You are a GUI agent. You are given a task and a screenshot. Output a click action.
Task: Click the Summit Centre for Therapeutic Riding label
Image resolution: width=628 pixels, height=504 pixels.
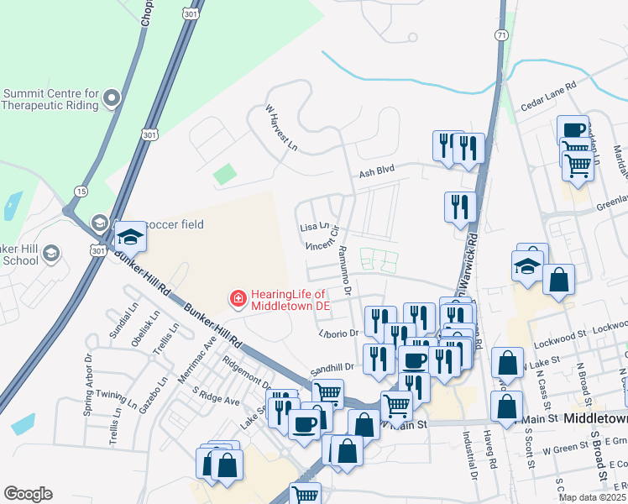[x=51, y=98]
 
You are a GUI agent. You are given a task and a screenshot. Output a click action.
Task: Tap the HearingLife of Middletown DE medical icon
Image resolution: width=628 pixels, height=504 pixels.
[x=238, y=298]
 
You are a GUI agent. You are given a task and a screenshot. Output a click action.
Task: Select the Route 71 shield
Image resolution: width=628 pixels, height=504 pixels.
[x=501, y=34]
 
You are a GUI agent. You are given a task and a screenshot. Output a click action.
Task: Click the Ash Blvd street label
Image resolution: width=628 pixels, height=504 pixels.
[x=376, y=171]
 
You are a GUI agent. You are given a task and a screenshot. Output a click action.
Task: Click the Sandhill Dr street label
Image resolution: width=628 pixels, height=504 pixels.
[x=334, y=367]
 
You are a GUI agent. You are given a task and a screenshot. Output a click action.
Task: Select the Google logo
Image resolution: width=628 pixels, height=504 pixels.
[x=28, y=494]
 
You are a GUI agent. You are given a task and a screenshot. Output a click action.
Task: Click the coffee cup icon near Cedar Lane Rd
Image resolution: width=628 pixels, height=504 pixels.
[x=573, y=130]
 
